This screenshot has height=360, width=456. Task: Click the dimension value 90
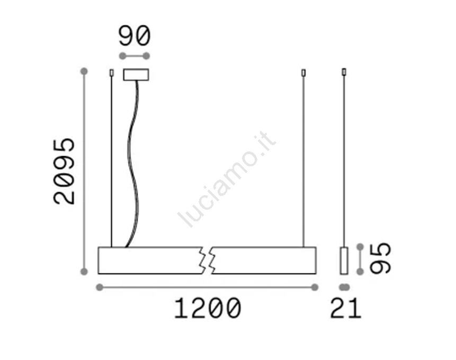pos(135,36)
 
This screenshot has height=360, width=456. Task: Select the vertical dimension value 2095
pos(64,172)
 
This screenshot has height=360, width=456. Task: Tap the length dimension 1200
pos(208,309)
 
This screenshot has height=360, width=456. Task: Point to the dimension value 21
pos(345,309)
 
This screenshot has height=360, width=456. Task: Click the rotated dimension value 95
pos(380,258)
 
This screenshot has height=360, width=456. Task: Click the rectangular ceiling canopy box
pos(136,75)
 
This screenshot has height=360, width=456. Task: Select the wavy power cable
pos(132,164)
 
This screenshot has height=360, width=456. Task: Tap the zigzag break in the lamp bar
pos(207,260)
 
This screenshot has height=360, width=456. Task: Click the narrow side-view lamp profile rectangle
pos(344,260)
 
